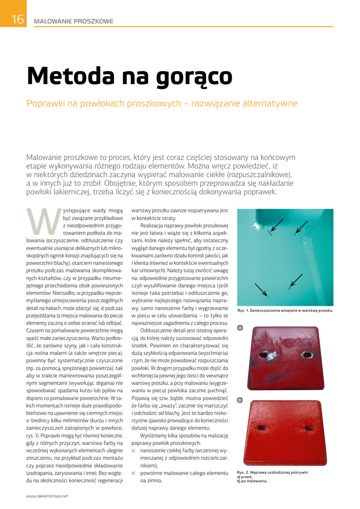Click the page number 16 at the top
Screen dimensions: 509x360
pyautogui.click(x=16, y=19)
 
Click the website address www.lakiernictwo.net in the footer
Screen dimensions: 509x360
pyautogui.click(x=47, y=496)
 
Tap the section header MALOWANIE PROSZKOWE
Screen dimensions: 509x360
pyautogui.click(x=73, y=21)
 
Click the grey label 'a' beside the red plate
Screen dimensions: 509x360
pyautogui.click(x=240, y=328)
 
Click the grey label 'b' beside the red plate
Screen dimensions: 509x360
pyautogui.click(x=240, y=400)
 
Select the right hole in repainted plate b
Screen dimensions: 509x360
pyautogui.click(x=308, y=427)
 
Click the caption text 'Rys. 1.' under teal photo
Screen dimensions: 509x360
pyautogui.click(x=244, y=311)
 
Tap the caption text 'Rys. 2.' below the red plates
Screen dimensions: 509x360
pyautogui.click(x=244, y=472)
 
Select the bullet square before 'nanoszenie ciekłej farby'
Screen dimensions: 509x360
pyautogui.click(x=133, y=450)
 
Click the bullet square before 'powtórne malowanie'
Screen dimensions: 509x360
pyautogui.click(x=133, y=473)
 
